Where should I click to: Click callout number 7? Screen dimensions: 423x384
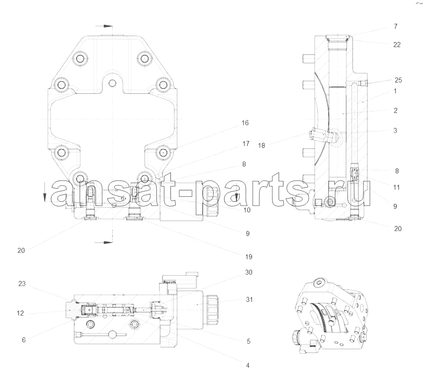pyautogui.click(x=395, y=26)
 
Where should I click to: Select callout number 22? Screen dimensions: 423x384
pyautogui.click(x=397, y=45)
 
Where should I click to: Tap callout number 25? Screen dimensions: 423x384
pyautogui.click(x=398, y=80)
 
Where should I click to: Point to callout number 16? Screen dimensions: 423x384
pyautogui.click(x=245, y=123)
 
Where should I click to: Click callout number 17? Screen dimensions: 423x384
pyautogui.click(x=246, y=144)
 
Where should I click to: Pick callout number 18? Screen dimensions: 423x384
pyautogui.click(x=262, y=146)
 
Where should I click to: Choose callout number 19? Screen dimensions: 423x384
pyautogui.click(x=249, y=257)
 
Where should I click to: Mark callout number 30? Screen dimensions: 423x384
pyautogui.click(x=249, y=272)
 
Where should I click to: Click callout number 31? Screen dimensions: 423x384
pyautogui.click(x=249, y=300)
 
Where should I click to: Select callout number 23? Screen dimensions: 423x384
pyautogui.click(x=22, y=284)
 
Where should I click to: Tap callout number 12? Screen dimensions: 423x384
pyautogui.click(x=20, y=314)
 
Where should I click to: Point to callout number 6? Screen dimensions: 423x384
pyautogui.click(x=24, y=340)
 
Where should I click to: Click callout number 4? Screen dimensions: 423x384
pyautogui.click(x=248, y=366)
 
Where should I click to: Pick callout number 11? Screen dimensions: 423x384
pyautogui.click(x=396, y=188)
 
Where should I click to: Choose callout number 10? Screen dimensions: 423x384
pyautogui.click(x=247, y=210)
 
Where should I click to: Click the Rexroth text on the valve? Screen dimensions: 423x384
pyautogui.click(x=169, y=282)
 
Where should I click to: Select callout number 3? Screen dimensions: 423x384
pyautogui.click(x=395, y=131)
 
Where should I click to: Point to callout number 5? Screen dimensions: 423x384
pyautogui.click(x=249, y=341)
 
